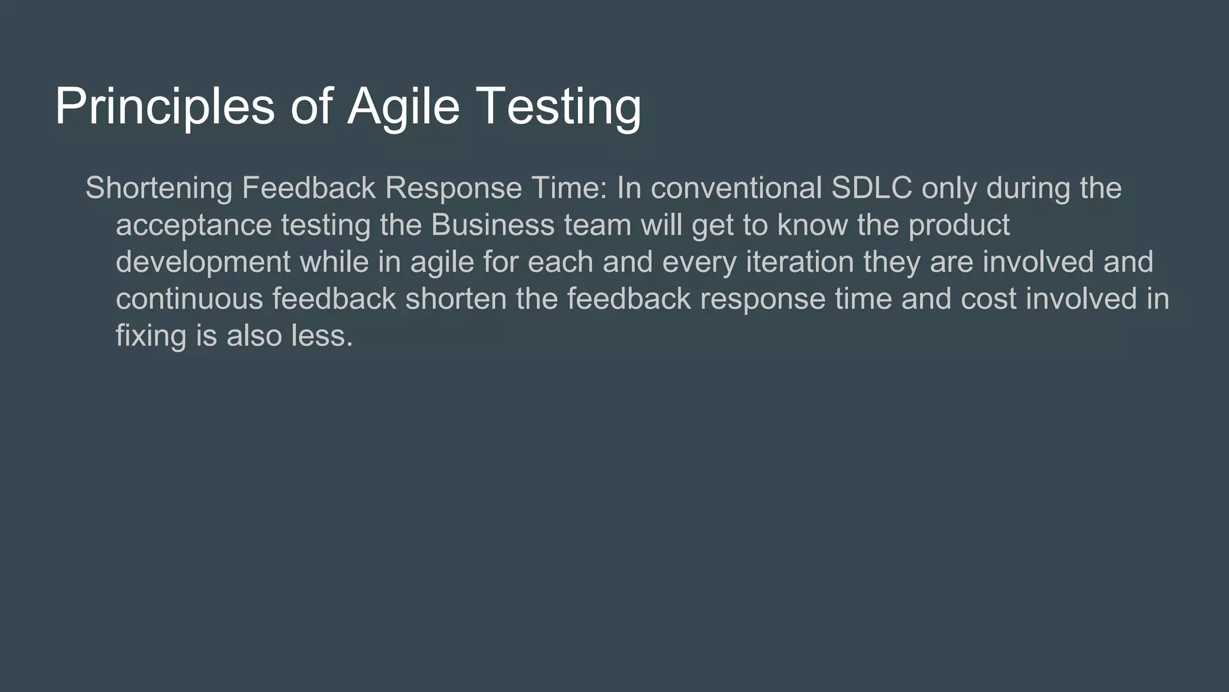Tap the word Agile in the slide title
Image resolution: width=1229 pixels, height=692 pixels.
click(403, 107)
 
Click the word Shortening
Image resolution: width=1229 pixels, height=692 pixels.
click(159, 188)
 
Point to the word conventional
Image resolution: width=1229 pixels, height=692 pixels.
click(736, 188)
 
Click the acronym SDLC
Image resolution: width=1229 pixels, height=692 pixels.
click(871, 188)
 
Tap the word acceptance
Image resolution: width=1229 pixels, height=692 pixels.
click(194, 226)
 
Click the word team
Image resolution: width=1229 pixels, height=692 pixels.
click(598, 225)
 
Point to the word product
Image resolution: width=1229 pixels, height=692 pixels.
click(959, 226)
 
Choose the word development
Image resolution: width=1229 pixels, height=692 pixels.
click(203, 263)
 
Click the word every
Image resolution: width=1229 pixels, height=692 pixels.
click(699, 263)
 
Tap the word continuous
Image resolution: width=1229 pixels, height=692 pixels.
click(190, 299)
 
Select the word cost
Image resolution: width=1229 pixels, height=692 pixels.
click(988, 299)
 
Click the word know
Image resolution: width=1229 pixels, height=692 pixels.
click(813, 225)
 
